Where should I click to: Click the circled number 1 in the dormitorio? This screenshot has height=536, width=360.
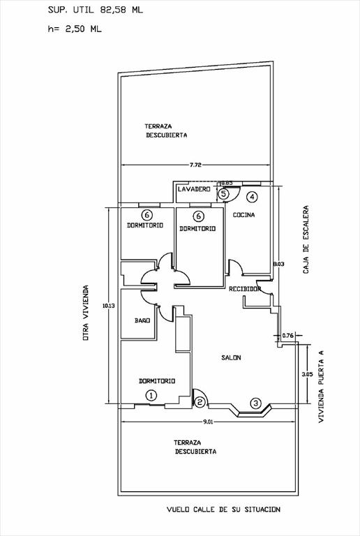pyautogui.click(x=151, y=396)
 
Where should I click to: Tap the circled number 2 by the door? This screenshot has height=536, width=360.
pyautogui.click(x=200, y=401)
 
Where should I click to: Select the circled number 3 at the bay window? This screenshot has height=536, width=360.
pyautogui.click(x=256, y=403)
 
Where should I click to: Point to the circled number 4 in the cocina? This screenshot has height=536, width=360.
pyautogui.click(x=252, y=197)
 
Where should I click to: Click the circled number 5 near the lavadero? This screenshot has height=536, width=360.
pyautogui.click(x=223, y=194)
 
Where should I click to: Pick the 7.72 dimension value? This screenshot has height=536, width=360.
pyautogui.click(x=196, y=165)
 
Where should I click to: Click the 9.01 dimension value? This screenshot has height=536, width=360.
pyautogui.click(x=208, y=422)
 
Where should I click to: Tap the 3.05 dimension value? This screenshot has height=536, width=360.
pyautogui.click(x=308, y=374)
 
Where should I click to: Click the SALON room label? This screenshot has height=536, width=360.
pyautogui.click(x=231, y=357)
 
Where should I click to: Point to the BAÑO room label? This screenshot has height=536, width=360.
pyautogui.click(x=142, y=320)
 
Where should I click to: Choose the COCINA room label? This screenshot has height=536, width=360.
pyautogui.click(x=244, y=215)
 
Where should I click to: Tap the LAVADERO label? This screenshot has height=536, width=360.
pyautogui.click(x=194, y=189)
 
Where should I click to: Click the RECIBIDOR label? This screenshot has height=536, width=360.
pyautogui.click(x=245, y=289)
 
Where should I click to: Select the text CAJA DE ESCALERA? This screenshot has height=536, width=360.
pyautogui.click(x=306, y=239)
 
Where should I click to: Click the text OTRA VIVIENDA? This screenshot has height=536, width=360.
pyautogui.click(x=86, y=313)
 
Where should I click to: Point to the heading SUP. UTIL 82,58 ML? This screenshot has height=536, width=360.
pyautogui.click(x=96, y=10)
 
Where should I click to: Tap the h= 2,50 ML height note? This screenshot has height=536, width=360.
pyautogui.click(x=75, y=29)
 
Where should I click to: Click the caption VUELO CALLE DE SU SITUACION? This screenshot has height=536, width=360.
pyautogui.click(x=224, y=509)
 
